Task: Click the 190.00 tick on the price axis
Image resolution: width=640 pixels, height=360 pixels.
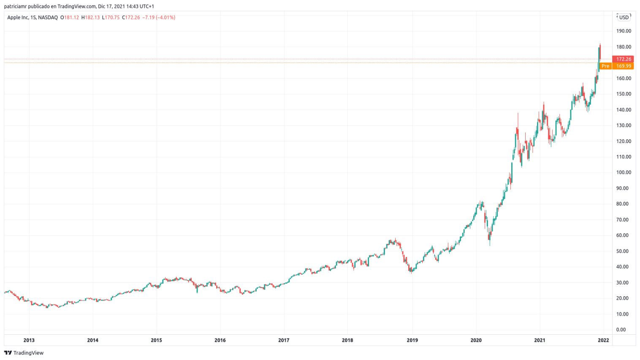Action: (623, 31)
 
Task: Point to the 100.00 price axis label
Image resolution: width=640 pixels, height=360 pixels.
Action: (623, 172)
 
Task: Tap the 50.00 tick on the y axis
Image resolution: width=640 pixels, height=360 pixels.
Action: (623, 251)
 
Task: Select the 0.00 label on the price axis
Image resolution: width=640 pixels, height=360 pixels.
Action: (621, 330)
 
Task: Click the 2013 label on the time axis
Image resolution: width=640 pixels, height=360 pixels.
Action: (29, 340)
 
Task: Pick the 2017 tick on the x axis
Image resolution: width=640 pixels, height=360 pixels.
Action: (284, 340)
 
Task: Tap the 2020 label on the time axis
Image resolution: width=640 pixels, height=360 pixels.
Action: (476, 340)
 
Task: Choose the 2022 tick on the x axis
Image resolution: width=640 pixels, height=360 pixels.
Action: (603, 340)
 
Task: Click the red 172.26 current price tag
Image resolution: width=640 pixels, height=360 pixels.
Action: (623, 59)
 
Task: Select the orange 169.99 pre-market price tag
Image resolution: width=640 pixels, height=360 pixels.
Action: (624, 66)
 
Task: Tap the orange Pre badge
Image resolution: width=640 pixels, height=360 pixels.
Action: (605, 66)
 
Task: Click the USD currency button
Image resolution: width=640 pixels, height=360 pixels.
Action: (624, 17)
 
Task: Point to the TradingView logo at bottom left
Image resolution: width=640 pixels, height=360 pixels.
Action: (24, 353)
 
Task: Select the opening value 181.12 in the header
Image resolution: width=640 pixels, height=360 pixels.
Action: (71, 17)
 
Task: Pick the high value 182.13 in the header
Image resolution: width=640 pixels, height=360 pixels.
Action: (92, 17)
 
